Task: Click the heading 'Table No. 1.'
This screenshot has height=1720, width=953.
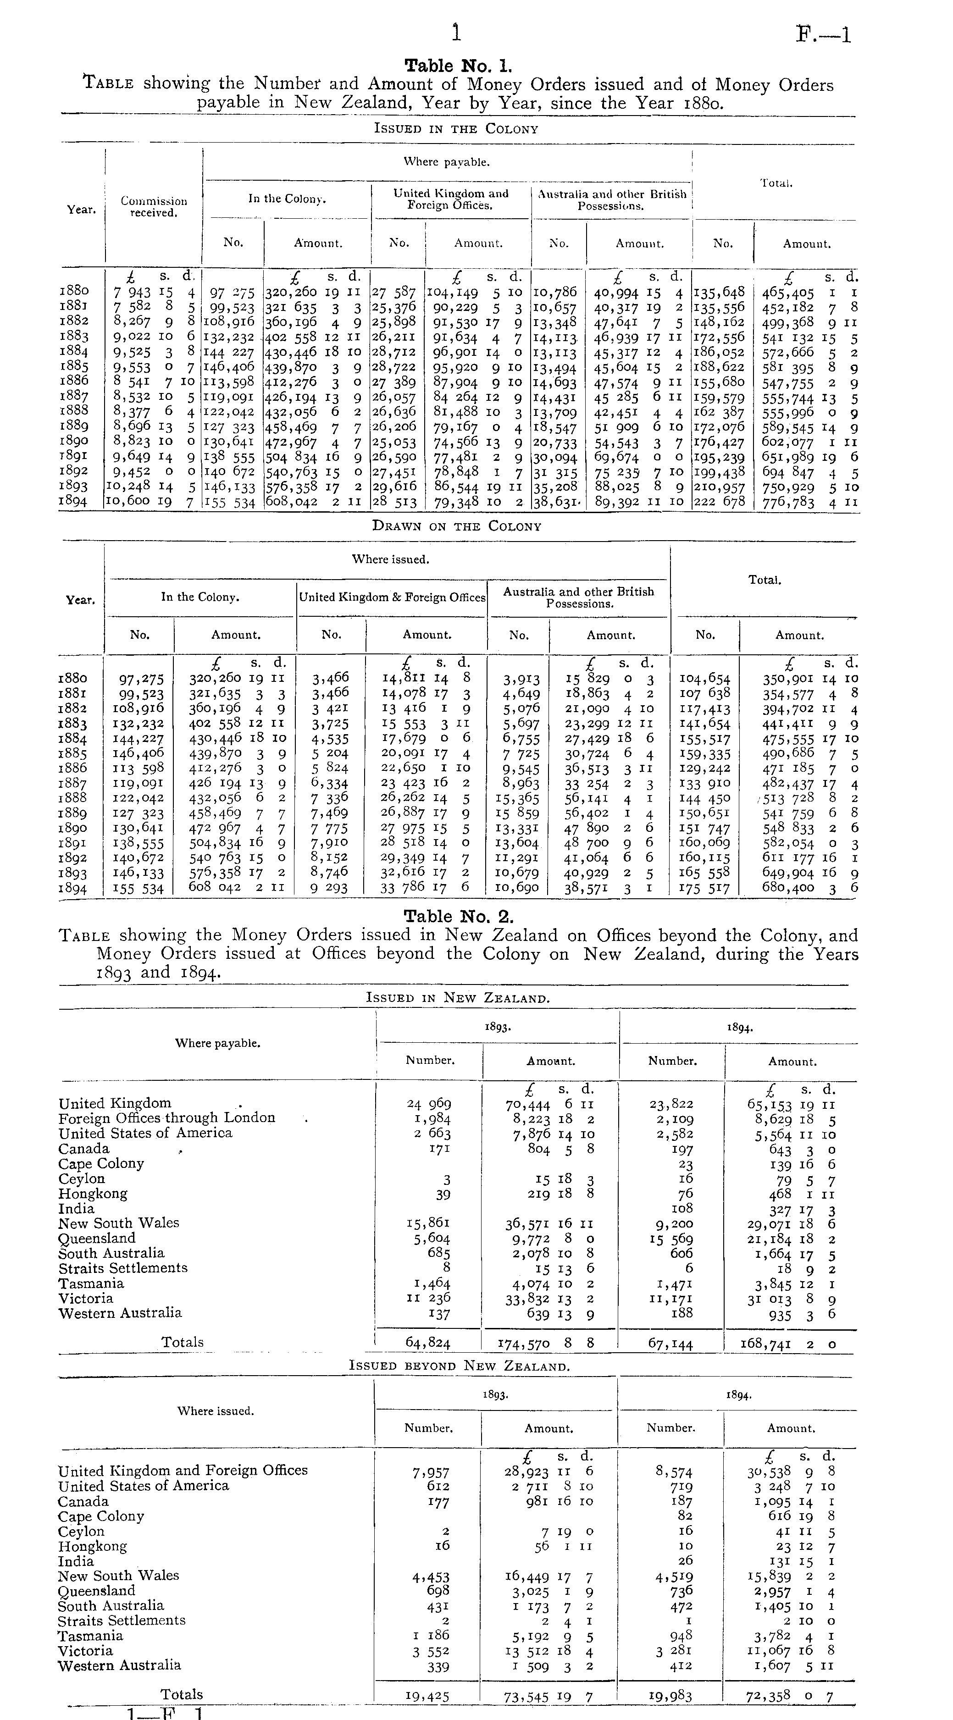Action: point(459,66)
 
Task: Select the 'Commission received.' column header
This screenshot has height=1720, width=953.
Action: point(154,206)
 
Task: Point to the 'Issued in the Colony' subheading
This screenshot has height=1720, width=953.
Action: point(456,129)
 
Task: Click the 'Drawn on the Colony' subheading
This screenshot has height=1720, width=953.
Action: point(456,526)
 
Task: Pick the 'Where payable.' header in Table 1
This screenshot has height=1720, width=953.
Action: point(446,161)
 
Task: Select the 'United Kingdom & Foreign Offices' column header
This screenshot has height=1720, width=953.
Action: point(392,597)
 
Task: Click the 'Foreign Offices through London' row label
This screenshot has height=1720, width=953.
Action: point(167,1118)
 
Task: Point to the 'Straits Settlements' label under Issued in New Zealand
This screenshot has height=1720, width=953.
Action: point(123,1267)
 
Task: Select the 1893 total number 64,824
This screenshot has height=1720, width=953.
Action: point(428,1342)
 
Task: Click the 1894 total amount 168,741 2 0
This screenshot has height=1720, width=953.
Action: point(788,1343)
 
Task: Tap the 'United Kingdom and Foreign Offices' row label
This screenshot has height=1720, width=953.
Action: point(183,1470)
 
